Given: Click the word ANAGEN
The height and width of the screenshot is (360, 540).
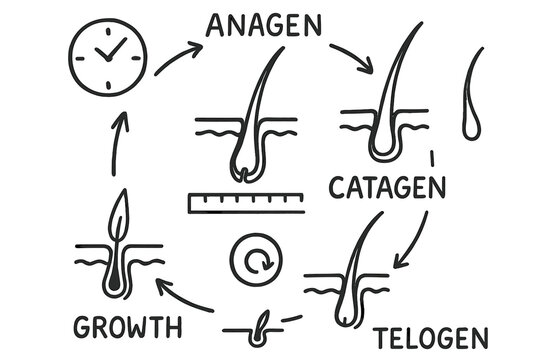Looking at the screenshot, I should [x=264, y=25].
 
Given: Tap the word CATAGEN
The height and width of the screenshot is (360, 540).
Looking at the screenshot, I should [x=384, y=187].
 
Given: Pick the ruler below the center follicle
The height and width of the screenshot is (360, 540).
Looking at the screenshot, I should [x=244, y=204].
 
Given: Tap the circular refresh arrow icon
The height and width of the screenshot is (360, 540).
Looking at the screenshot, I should [x=255, y=262].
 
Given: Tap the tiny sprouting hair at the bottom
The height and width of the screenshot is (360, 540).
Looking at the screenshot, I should [x=262, y=321].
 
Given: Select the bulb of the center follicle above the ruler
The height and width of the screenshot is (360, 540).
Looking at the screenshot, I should [x=244, y=170].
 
